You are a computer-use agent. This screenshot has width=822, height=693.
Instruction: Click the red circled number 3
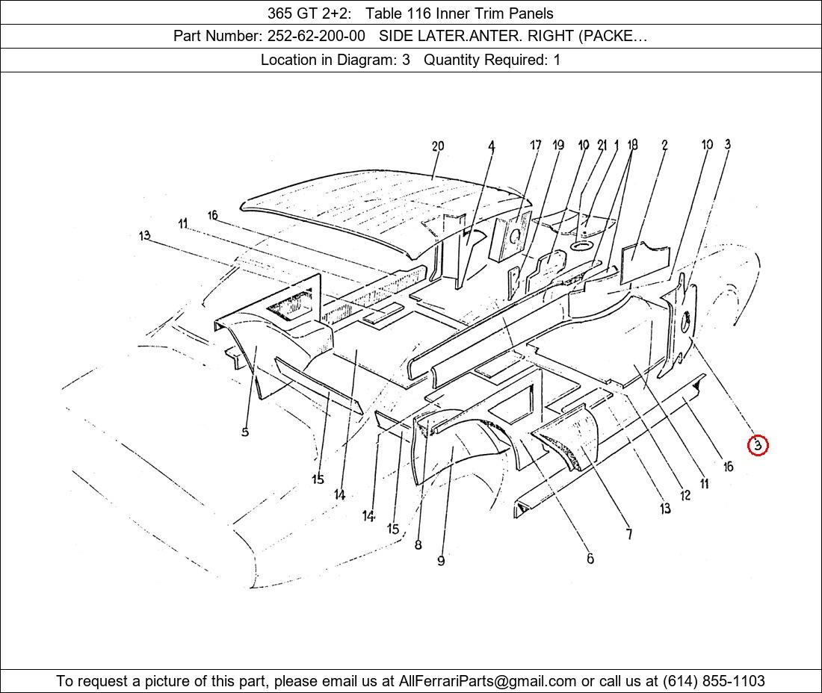[758, 446]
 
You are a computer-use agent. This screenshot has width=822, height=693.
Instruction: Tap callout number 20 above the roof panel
[438, 146]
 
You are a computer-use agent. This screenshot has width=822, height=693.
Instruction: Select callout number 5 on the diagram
[245, 432]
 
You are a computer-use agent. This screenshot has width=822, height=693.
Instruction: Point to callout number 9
[441, 561]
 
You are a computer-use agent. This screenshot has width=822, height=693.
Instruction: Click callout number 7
[629, 534]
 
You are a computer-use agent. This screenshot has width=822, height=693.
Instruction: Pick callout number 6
[590, 559]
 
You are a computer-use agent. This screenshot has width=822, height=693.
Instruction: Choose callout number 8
[418, 544]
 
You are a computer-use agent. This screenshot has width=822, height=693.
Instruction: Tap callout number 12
[685, 495]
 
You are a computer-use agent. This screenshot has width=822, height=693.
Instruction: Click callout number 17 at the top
[535, 145]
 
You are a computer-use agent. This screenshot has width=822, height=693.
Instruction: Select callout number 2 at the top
[664, 145]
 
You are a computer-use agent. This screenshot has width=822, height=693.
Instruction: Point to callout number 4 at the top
[491, 146]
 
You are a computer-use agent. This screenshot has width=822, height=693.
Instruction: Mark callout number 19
[558, 145]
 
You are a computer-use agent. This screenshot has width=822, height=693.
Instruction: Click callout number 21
[602, 145]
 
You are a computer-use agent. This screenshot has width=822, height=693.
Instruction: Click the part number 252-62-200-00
[316, 36]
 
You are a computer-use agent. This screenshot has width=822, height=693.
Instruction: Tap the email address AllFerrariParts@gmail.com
[487, 681]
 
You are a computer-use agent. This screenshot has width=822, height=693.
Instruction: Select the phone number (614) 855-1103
[714, 681]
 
